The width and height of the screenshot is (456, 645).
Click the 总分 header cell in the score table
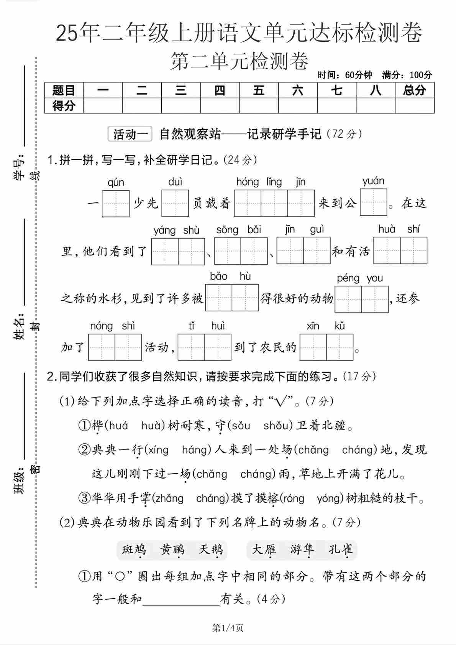pos(414,90)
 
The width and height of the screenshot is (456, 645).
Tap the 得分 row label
pos(64,105)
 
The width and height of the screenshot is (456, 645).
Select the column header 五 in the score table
pos(259,90)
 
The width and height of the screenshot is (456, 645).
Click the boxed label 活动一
pos(130,134)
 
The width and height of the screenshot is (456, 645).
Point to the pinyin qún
pos(116,183)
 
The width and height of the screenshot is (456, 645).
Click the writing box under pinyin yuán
pos(374,202)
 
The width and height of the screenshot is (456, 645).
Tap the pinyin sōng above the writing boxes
pos(227,230)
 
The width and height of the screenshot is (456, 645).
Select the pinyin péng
pos(348,278)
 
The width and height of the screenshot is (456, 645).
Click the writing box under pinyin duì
pos(175,203)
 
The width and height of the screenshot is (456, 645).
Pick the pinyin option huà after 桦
pos(153,425)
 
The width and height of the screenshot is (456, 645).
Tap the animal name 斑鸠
pos(134,550)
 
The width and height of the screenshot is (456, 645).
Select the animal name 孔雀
pos(341,550)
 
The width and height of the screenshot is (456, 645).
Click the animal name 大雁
pos(264,550)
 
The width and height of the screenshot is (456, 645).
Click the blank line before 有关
pos(181,600)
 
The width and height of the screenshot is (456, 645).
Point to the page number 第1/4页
pos(228,628)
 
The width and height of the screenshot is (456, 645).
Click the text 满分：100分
pos(407,75)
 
